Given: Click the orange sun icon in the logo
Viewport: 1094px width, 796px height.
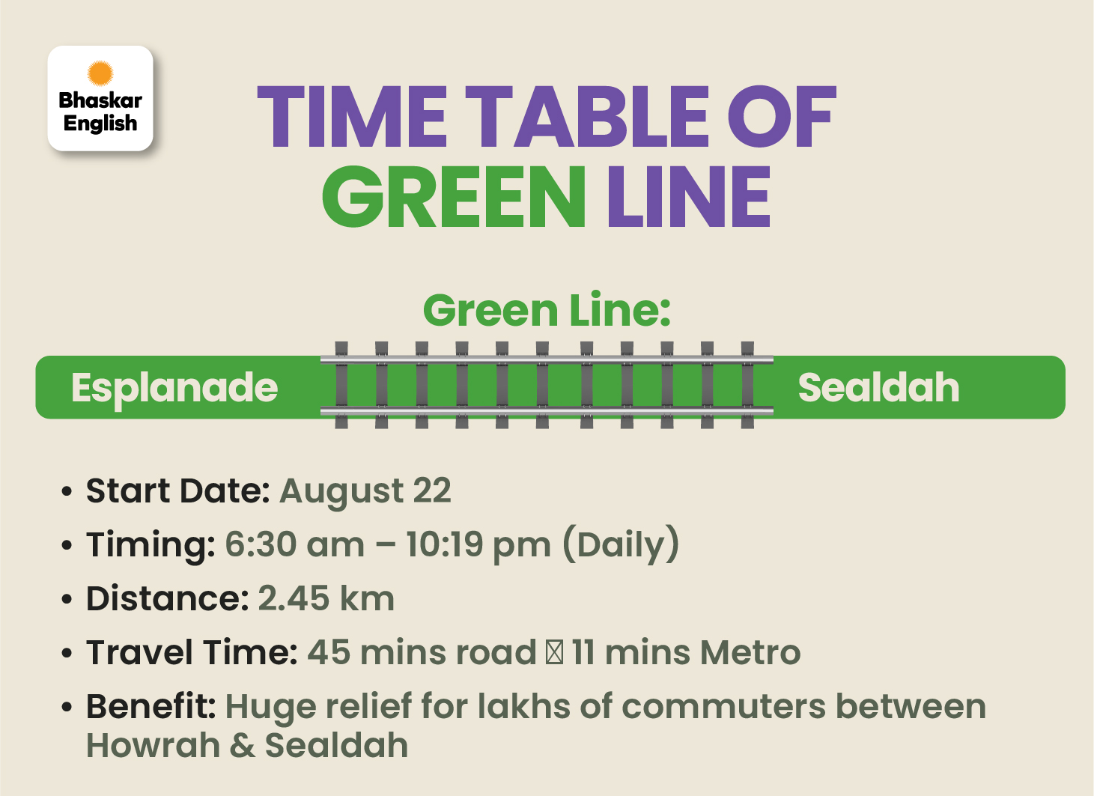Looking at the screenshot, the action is tap(100, 73).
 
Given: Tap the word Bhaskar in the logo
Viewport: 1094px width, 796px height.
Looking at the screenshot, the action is tap(100, 100).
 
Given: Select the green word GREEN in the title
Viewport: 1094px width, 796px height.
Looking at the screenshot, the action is tap(454, 196).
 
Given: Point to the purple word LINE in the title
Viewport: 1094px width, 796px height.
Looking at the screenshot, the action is tap(689, 196).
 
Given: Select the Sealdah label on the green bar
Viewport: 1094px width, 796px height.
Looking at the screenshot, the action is tap(878, 387).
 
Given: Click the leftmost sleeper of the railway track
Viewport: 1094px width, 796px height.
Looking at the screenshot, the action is tap(341, 386).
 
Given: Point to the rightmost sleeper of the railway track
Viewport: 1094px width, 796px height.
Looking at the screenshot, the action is tap(747, 386).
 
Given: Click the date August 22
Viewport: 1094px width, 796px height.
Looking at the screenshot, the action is tap(365, 490).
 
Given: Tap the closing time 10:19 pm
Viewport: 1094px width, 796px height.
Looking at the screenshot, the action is tap(478, 545).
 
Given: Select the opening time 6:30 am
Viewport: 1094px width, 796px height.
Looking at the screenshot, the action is tap(294, 544).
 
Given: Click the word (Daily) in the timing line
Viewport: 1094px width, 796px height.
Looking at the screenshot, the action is tap(621, 544).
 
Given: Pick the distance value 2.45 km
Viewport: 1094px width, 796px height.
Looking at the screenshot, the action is tap(326, 598).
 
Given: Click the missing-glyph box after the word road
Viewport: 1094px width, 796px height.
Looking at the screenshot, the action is tap(554, 652).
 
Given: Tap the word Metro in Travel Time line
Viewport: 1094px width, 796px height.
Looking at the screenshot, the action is tap(750, 652).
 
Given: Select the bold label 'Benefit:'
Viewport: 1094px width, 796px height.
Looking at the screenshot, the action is tap(151, 706).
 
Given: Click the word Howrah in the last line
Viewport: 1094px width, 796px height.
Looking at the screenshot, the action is tap(153, 745).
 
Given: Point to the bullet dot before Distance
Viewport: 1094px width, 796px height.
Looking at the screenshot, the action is tap(67, 599).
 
